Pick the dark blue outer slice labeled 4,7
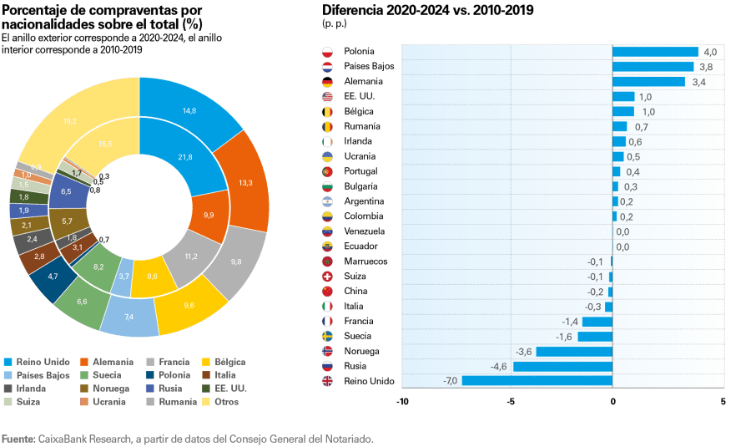pyautogui.click(x=53, y=276)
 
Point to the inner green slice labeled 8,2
pyautogui.click(x=98, y=267)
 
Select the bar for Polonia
pyautogui.click(x=655, y=52)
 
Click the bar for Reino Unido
pyautogui.click(x=537, y=381)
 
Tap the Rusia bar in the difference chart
pyautogui.click(x=562, y=366)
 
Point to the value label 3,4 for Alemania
pyautogui.click(x=698, y=82)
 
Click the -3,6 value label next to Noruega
pyautogui.click(x=524, y=351)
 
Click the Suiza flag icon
pyautogui.click(x=328, y=276)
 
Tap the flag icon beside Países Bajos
pyautogui.click(x=328, y=66)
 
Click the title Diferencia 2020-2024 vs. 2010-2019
pyautogui.click(x=427, y=11)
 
